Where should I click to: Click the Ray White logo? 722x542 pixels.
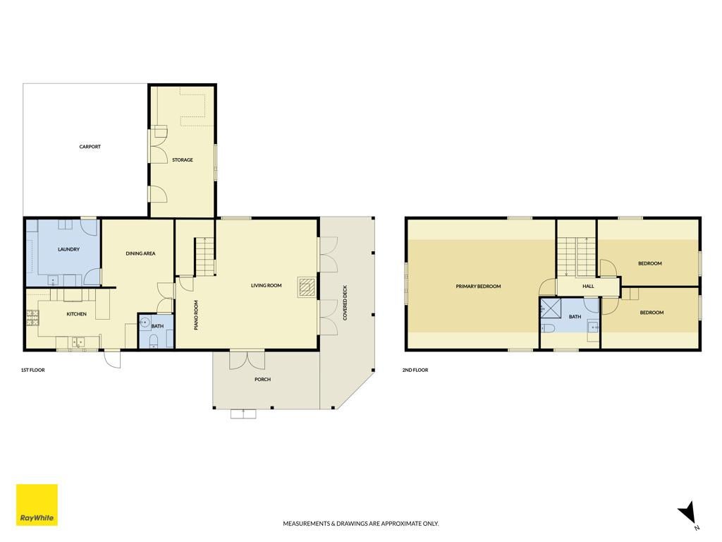(37, 505)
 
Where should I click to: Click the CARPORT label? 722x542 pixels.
(90, 147)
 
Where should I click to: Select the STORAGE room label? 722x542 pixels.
(183, 160)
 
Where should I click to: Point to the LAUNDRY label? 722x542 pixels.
(68, 249)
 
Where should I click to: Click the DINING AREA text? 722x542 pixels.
(140, 253)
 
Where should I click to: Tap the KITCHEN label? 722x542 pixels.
(76, 314)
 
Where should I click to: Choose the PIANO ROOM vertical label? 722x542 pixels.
(196, 315)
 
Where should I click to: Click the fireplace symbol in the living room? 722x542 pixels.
(307, 287)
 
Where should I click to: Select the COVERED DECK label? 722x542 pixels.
(345, 303)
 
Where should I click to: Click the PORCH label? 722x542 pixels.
(262, 379)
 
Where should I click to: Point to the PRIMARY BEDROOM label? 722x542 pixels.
(478, 287)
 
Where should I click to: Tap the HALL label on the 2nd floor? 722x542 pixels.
(588, 287)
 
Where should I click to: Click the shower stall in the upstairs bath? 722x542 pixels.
(549, 308)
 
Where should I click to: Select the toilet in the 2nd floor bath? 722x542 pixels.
(548, 328)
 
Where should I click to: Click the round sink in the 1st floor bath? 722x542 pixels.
(145, 322)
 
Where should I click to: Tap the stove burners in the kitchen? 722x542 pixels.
(32, 318)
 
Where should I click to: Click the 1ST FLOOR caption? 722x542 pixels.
(32, 370)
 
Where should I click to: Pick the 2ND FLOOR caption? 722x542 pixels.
(415, 370)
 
